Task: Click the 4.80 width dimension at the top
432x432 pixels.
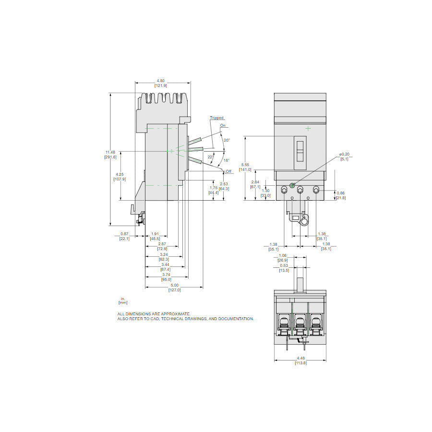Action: (160, 81)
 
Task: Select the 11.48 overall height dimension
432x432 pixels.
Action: (110, 153)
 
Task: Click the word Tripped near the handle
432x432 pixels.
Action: (216, 118)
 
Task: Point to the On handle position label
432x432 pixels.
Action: (223, 125)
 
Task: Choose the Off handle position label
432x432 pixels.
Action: (228, 171)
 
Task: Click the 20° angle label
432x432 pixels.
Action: (227, 140)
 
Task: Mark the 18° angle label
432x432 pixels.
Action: (227, 160)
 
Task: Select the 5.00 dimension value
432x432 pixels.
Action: (174, 285)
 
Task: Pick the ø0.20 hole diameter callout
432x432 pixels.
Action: (344, 154)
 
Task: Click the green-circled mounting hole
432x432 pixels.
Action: (292, 179)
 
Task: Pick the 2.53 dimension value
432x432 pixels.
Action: (224, 184)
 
